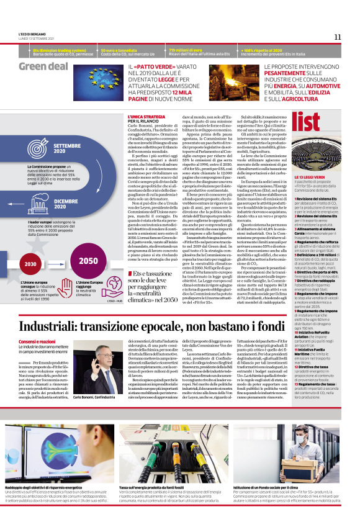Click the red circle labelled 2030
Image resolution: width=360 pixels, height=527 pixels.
pos(30,264)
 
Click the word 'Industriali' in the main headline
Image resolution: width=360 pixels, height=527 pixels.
pos(56,327)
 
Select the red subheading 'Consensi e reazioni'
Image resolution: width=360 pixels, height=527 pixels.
pos(35,342)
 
